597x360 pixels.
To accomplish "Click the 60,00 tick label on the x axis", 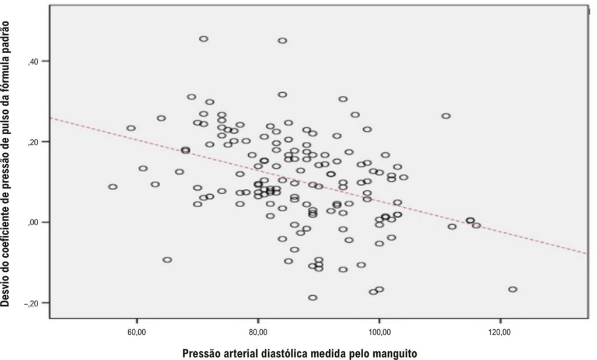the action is tap(136, 332).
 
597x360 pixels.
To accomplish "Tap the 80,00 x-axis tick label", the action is tap(258, 332).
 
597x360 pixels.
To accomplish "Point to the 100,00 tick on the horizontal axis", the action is tap(379, 332).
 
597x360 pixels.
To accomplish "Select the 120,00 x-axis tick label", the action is tap(500, 332).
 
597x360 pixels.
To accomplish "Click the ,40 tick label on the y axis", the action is tap(33, 62).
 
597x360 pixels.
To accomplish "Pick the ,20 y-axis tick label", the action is tap(33, 142).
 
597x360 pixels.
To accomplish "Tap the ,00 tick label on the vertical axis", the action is tap(33, 223).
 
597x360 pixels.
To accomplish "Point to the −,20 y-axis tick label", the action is tap(31, 303).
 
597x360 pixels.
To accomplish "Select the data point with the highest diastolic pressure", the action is tap(512, 289).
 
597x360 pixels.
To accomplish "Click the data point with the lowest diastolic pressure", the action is tap(113, 187).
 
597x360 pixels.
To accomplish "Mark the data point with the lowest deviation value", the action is tap(312, 298).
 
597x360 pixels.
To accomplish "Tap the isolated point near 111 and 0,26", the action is tap(446, 116).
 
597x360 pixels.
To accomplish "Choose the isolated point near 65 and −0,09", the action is tap(167, 260).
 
